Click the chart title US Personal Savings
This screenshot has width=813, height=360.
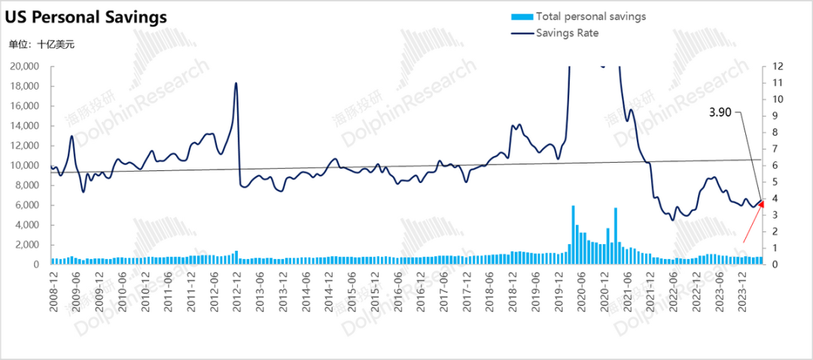pos(88,17)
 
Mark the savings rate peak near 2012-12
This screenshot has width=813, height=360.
pos(236,84)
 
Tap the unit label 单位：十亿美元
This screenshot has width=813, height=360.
pos(41,44)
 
